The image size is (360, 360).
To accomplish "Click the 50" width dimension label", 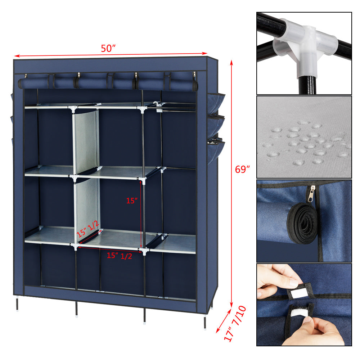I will click(108, 49).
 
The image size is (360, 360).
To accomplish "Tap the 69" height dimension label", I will click(242, 170).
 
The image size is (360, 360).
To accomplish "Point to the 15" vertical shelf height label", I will click(132, 201).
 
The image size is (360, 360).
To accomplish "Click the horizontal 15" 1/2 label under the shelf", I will click(119, 256).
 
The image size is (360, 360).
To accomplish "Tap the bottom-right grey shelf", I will click(173, 243).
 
